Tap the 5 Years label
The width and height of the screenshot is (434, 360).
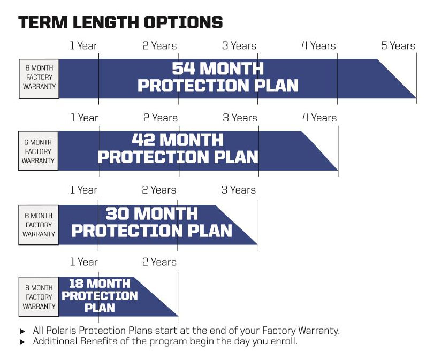pos(398,45)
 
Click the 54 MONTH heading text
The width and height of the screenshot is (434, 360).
pos(218,68)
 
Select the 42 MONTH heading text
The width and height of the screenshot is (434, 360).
pos(178,140)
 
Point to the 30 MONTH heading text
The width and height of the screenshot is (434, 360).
pos(151,213)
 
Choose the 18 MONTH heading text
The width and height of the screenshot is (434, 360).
pos(100,284)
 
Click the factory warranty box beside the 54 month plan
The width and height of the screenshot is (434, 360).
pos(39,79)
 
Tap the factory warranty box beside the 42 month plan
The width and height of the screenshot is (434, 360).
pos(38,151)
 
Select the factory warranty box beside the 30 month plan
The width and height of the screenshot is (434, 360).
pos(39,225)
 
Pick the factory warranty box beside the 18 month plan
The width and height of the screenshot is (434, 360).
pos(39,297)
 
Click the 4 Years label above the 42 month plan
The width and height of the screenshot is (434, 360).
pos(319,118)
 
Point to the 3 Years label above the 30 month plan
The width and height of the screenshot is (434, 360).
pos(238,190)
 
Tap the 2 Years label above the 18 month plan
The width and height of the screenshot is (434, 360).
pos(159,262)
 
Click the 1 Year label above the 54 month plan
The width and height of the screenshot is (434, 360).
pos(83,45)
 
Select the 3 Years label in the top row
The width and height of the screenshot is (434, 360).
pos(239,45)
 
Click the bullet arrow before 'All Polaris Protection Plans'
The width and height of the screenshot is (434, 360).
pos(22,331)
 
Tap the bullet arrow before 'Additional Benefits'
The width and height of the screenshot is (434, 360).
pos(22,342)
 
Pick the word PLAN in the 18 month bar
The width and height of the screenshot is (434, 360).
pos(100,308)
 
